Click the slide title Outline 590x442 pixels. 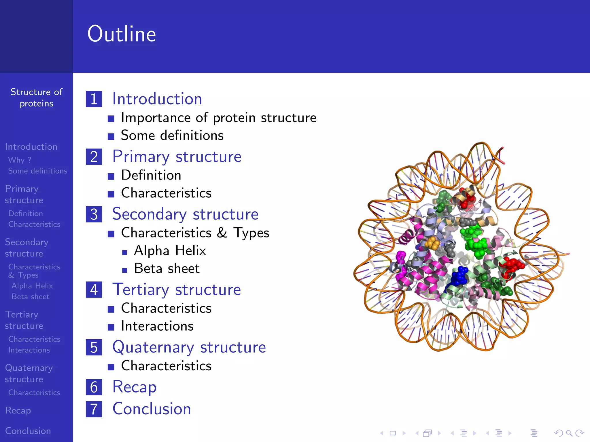coord(122,34)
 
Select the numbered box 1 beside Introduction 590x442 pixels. coord(94,99)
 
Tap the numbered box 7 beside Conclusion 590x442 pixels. coord(94,409)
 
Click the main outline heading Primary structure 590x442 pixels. coord(177,157)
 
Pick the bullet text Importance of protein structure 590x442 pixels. coord(218,118)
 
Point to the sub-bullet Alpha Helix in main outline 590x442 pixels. coord(170,251)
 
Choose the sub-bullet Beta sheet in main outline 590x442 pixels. coord(167,268)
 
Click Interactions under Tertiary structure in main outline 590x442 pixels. coord(157,326)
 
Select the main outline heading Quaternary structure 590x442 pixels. coord(189,347)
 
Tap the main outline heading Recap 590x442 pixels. coord(135,387)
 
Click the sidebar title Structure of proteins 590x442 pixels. coord(36,98)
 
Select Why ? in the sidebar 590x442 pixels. coord(20,160)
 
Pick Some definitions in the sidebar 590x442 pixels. coord(37,171)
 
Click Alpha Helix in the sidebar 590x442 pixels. coord(32,286)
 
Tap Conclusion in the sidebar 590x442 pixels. coord(28,431)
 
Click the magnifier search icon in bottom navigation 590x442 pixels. coord(569,433)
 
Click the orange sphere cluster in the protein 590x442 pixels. coord(433,243)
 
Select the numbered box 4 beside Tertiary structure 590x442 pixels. coord(94,290)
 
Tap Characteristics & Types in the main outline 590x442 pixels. coord(195,233)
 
